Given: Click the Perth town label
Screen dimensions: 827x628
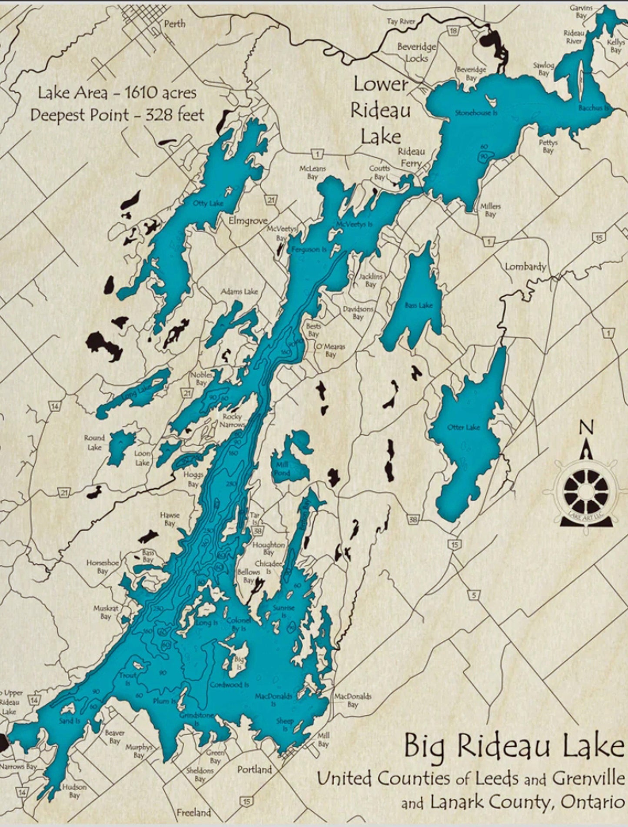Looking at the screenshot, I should click(x=174, y=24).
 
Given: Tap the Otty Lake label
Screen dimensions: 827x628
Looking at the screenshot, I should click(x=208, y=203).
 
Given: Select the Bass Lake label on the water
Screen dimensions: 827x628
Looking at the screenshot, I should click(x=419, y=305).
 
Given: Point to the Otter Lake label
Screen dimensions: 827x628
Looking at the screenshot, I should click(x=463, y=428).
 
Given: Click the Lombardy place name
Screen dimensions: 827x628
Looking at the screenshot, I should click(x=525, y=266).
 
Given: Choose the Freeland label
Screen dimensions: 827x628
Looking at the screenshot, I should click(x=194, y=812).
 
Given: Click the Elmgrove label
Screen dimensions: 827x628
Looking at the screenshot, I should click(x=248, y=221).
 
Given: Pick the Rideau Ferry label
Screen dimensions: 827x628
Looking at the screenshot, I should click(x=411, y=157).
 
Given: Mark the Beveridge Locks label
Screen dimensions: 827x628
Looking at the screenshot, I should click(x=416, y=53).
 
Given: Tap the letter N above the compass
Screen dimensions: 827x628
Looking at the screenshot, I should click(x=587, y=428).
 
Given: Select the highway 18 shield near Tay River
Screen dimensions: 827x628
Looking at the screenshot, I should click(x=454, y=31).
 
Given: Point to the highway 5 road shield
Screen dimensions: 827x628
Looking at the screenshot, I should click(x=474, y=596).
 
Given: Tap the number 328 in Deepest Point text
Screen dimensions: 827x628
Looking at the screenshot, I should click(x=159, y=115).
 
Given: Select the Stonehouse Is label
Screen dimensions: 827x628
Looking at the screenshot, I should click(x=476, y=113).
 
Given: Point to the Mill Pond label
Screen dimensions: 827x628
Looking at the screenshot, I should click(x=282, y=469).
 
